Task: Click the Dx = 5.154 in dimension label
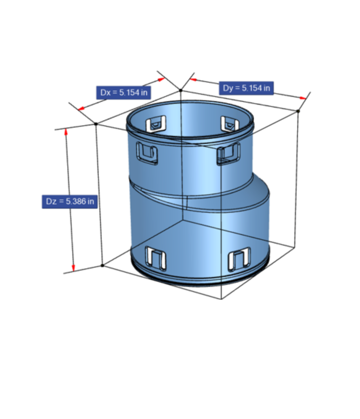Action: pyautogui.click(x=123, y=93)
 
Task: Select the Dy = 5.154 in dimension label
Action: pyautogui.click(x=246, y=88)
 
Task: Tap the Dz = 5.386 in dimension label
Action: pyautogui.click(x=70, y=202)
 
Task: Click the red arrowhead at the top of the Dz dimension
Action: pyautogui.click(x=66, y=132)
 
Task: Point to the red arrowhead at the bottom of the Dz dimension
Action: pyautogui.click(x=73, y=268)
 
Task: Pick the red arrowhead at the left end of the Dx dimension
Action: pyautogui.click(x=81, y=109)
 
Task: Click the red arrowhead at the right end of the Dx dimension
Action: pyautogui.click(x=161, y=79)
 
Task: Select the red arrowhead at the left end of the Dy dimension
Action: pyautogui.click(x=193, y=80)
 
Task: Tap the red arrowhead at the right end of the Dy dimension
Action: pyautogui.click(x=303, y=98)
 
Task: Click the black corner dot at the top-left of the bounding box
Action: pyautogui.click(x=96, y=124)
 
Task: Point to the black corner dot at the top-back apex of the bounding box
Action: pyautogui.click(x=181, y=90)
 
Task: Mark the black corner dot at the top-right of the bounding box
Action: pyautogui.click(x=298, y=111)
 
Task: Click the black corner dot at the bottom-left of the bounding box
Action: pyautogui.click(x=102, y=265)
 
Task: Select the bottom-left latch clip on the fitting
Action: pyautogui.click(x=156, y=259)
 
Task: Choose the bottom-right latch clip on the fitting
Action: pyautogui.click(x=239, y=259)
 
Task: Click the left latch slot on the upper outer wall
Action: pyautogui.click(x=147, y=153)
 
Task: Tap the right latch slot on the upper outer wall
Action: pyautogui.click(x=228, y=154)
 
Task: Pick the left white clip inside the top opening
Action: pyautogui.click(x=156, y=124)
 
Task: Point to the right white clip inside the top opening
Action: pyautogui.click(x=230, y=124)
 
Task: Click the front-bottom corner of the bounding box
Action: pyautogui.click(x=221, y=299)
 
